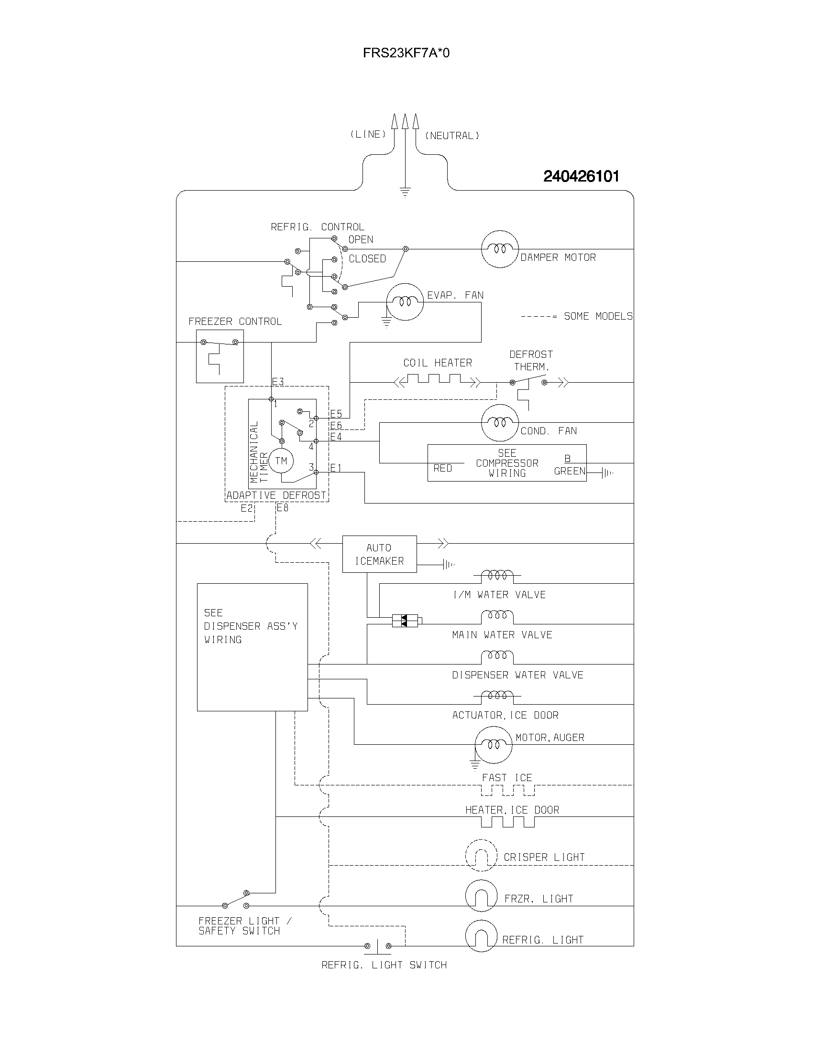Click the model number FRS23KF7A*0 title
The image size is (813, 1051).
tap(406, 53)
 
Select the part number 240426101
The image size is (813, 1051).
tap(581, 177)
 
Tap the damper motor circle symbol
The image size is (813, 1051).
tap(500, 249)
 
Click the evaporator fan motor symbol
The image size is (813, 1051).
tap(405, 302)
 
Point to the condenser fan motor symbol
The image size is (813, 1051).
tap(500, 423)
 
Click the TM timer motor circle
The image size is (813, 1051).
tap(281, 461)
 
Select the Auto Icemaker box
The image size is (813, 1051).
tap(379, 554)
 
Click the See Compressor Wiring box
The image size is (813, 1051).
tap(506, 463)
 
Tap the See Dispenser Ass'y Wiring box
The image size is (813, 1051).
tap(252, 647)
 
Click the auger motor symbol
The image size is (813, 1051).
tap(493, 745)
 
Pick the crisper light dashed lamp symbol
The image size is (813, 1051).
tap(481, 855)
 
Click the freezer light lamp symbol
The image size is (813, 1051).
tap(481, 896)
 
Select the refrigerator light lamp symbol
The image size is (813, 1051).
tap(481, 936)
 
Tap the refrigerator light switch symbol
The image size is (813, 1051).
tap(378, 945)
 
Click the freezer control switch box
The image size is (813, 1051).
tap(220, 356)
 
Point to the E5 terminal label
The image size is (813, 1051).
tap(336, 414)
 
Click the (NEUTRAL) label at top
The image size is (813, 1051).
tap(452, 136)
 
